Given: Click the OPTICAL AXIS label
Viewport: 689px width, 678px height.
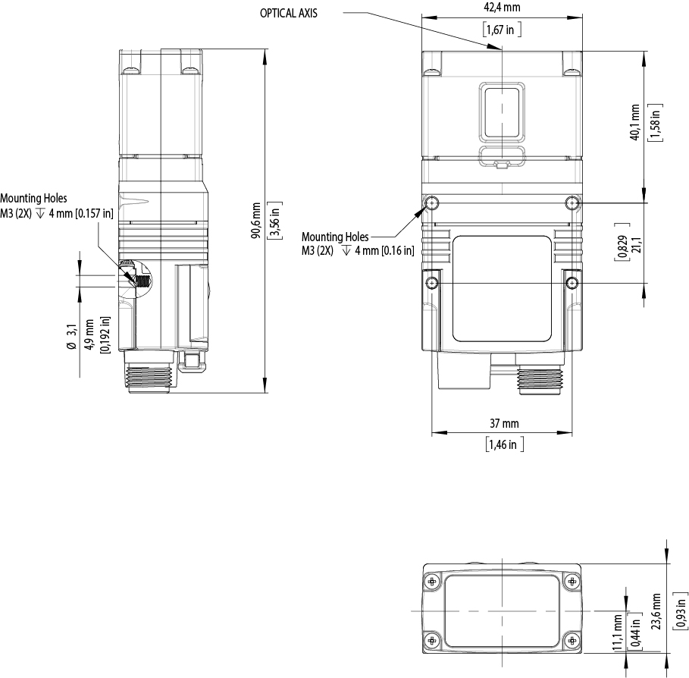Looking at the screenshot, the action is pyautogui.click(x=288, y=13).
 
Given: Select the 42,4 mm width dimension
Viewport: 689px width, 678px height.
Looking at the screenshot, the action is pyautogui.click(x=502, y=8).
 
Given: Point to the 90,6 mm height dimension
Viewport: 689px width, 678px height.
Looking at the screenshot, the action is pyautogui.click(x=255, y=220).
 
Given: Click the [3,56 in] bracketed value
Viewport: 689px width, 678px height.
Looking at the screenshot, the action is pyautogui.click(x=275, y=220).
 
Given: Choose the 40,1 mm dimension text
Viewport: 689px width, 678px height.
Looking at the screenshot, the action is pyautogui.click(x=634, y=122).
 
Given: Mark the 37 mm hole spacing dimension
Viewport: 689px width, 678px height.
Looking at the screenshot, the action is pyautogui.click(x=504, y=423).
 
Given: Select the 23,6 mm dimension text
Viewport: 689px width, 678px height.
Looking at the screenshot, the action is pyautogui.click(x=656, y=611).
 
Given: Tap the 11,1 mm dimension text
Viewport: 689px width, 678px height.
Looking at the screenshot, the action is pyautogui.click(x=618, y=632).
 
